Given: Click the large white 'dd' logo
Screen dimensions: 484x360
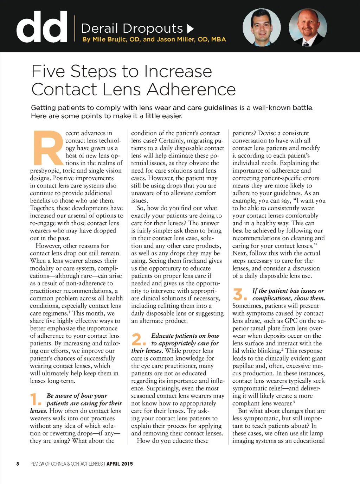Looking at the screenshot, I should click(41, 27).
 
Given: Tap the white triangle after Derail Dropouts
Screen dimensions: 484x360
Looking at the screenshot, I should click(190, 28).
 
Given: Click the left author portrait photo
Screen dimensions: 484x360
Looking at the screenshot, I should click(262, 27).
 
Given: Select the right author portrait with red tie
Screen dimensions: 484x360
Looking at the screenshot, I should click(308, 27).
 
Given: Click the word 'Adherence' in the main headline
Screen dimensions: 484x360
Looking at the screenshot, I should click(192, 89).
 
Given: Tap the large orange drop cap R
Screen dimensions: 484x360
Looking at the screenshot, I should click(47, 148).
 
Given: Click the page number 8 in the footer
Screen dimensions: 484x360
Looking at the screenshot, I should click(18, 464).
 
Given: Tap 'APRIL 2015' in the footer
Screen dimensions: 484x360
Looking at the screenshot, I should click(120, 464).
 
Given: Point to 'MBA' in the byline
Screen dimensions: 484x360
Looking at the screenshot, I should click(218, 39).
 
